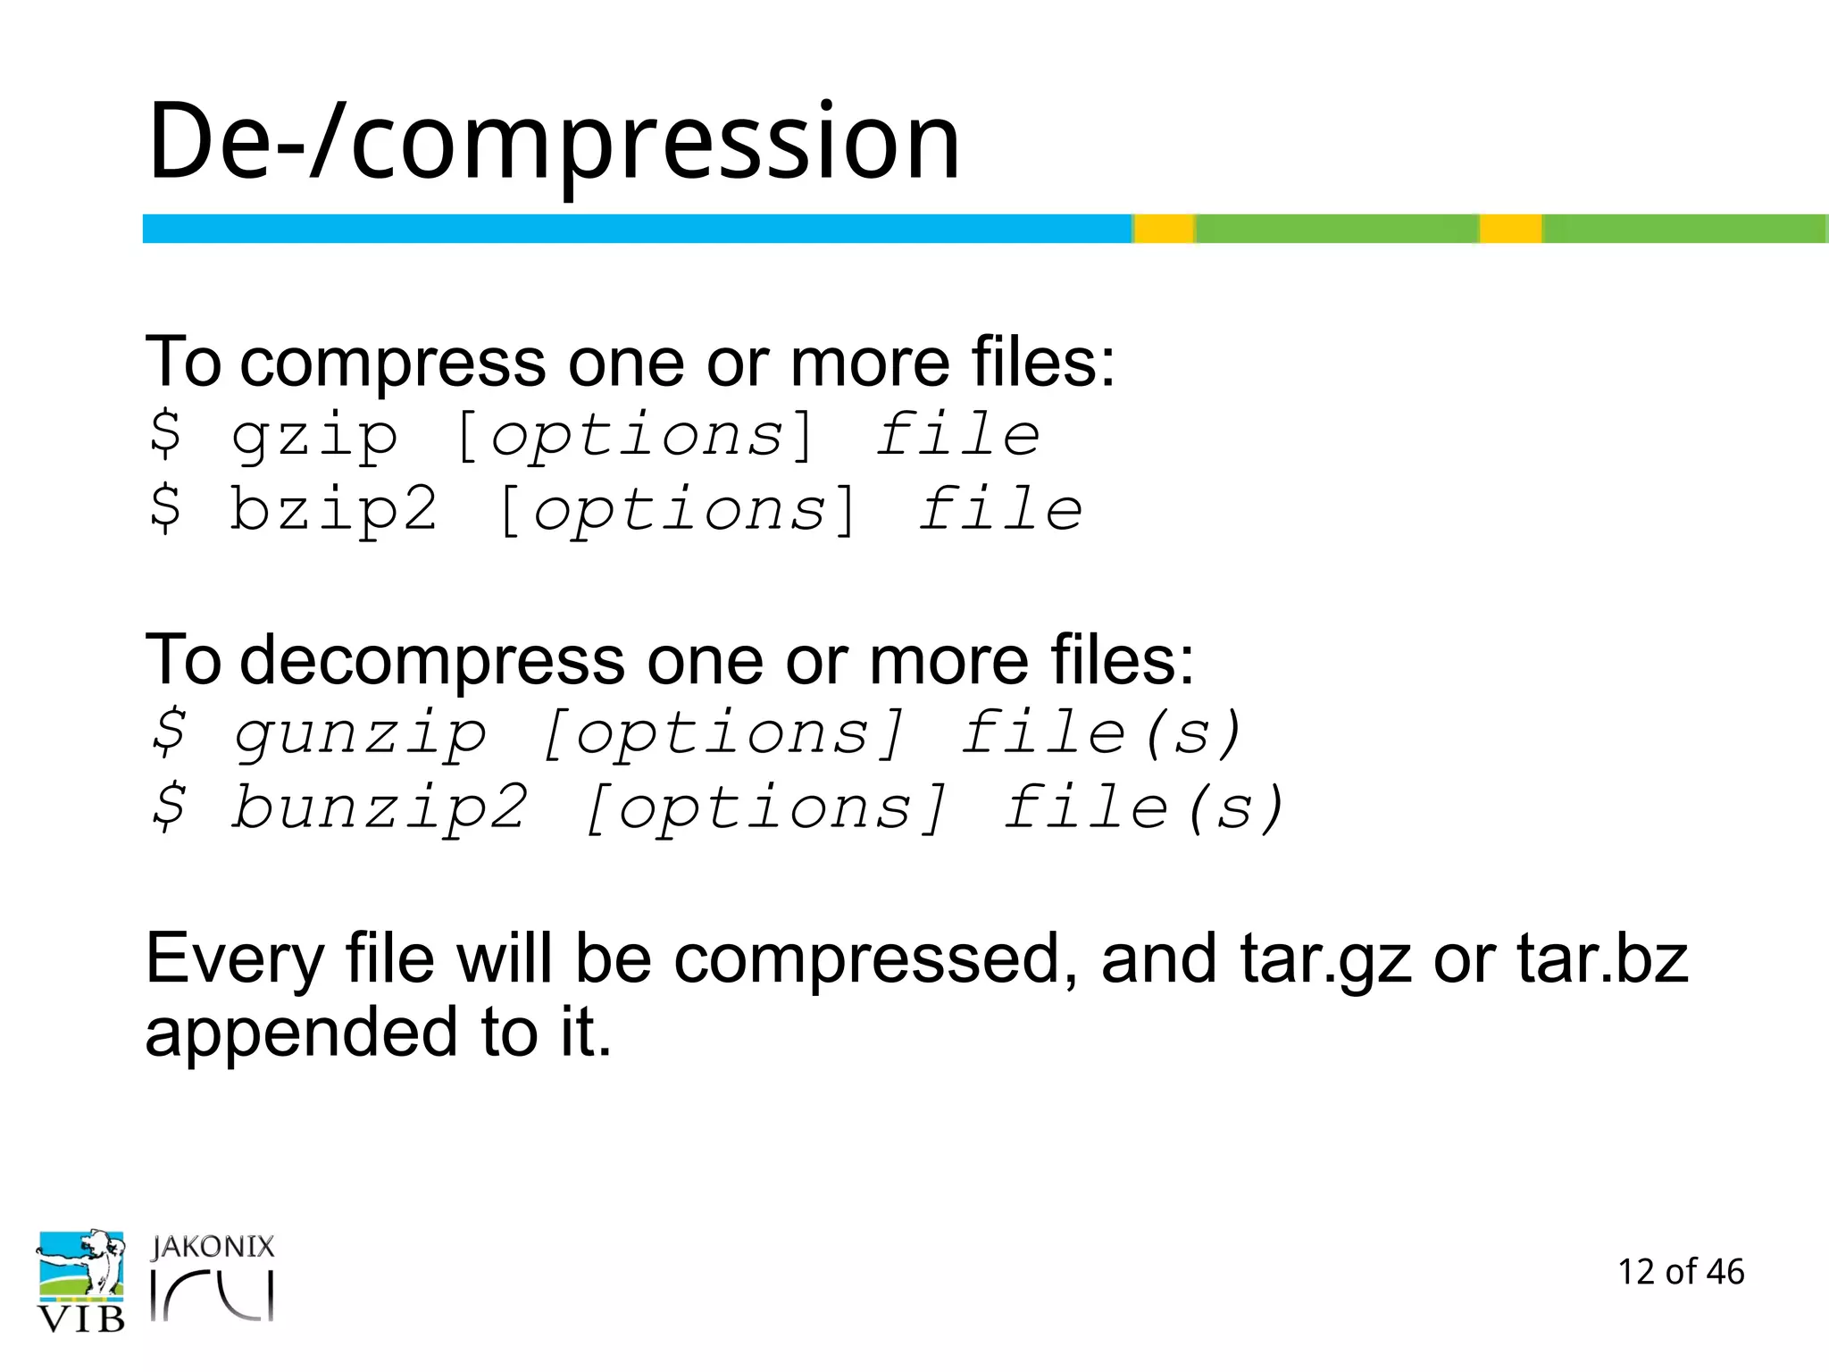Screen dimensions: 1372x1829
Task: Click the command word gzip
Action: [x=314, y=438]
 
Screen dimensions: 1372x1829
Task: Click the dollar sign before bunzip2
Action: [x=169, y=807]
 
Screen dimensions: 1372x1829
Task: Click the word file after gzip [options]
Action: [x=957, y=436]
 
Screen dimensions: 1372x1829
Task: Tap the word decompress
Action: [x=433, y=661]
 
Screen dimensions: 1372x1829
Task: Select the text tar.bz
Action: [x=1602, y=958]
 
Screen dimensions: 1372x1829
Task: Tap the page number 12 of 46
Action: [x=1681, y=1272]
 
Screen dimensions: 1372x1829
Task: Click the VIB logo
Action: [x=80, y=1282]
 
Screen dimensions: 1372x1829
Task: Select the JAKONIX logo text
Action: [x=213, y=1247]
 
